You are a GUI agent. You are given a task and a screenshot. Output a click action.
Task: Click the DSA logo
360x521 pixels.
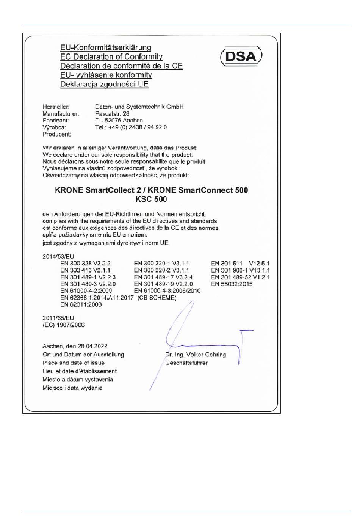[241, 56]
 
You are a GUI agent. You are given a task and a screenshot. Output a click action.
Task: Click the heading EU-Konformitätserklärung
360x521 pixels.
[106, 48]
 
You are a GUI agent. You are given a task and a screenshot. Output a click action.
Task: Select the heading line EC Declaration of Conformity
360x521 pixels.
[111, 57]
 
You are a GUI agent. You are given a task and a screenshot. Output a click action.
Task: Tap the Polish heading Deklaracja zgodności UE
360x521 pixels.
[104, 84]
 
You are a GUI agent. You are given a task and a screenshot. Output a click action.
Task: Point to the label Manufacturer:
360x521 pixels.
[61, 114]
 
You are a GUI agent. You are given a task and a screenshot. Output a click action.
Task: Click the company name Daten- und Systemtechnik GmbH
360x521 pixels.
[139, 107]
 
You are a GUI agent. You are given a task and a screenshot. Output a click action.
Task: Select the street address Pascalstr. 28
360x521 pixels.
[112, 114]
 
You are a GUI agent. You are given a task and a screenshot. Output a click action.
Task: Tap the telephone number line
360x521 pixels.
[131, 127]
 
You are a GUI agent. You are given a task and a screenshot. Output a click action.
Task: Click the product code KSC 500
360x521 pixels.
[151, 199]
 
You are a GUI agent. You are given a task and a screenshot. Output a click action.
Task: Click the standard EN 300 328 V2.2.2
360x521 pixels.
[85, 264]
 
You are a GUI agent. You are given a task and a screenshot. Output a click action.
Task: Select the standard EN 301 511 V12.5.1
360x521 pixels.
[241, 264]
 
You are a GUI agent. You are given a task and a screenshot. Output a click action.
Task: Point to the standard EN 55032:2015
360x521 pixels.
[232, 284]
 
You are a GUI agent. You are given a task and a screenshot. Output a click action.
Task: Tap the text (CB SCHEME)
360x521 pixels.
[157, 298]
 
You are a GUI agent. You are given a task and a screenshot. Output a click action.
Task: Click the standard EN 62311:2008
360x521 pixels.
[81, 305]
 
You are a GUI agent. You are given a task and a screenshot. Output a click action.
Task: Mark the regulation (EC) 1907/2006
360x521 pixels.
[64, 325]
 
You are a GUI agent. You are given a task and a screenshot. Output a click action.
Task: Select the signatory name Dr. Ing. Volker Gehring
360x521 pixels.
[196, 355]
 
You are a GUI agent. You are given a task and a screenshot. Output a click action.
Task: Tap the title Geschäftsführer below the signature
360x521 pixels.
[186, 363]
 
